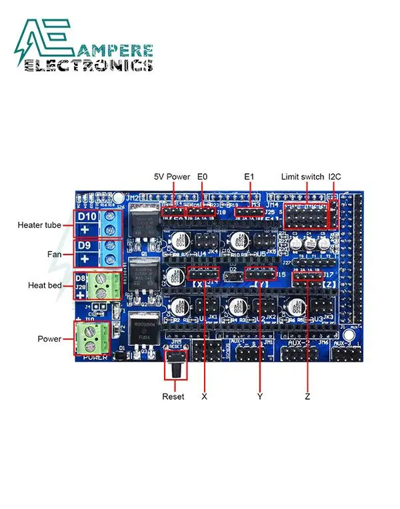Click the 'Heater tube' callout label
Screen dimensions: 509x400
(39, 225)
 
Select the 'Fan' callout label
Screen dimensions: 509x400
(55, 254)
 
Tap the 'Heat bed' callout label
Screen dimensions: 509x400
(46, 285)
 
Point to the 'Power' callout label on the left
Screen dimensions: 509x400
(49, 338)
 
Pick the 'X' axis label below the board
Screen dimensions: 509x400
(204, 396)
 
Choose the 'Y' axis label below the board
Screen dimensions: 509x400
(260, 396)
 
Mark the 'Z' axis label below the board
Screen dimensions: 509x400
(307, 396)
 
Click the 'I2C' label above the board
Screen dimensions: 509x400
(335, 177)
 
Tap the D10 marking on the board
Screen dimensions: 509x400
(87, 217)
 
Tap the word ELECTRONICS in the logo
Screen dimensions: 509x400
(88, 65)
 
